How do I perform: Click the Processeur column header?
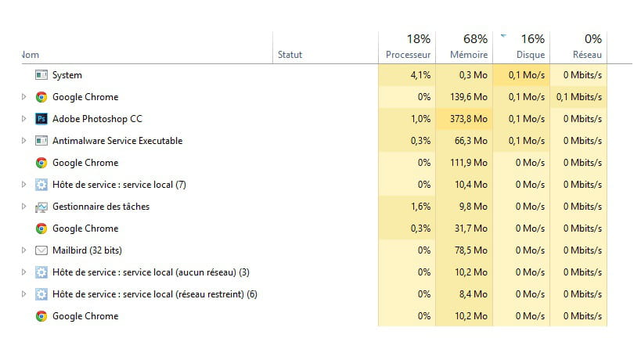point(408,55)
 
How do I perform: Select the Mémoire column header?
point(469,55)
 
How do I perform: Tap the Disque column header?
point(530,55)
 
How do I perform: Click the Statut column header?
point(290,55)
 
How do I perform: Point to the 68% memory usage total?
point(475,38)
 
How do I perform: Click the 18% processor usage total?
point(418,38)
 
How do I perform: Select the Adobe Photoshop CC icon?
point(41,119)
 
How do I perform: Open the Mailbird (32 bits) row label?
point(87,250)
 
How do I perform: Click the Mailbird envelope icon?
point(41,250)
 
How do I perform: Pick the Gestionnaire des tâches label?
point(101,207)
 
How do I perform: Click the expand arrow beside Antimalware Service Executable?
point(23,141)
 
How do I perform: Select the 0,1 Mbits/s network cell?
point(579,97)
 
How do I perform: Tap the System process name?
point(67,75)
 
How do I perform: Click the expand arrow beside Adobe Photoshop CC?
point(23,119)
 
